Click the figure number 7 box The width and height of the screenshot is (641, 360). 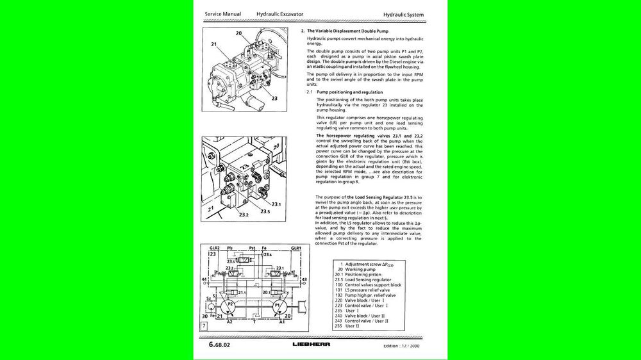(203, 327)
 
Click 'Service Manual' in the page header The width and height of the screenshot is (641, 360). (223, 13)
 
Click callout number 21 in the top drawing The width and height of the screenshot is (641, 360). (213, 45)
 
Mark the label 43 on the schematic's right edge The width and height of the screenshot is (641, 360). (304, 280)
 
